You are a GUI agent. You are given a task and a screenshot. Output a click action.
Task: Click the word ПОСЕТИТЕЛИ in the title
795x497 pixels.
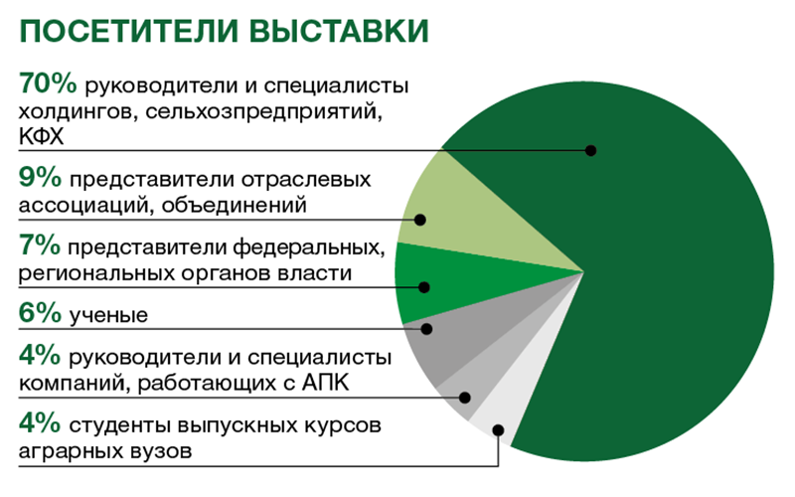point(129,31)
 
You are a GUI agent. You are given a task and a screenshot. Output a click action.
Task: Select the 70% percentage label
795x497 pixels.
point(48,83)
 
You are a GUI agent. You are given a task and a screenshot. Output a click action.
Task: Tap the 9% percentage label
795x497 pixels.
point(40,177)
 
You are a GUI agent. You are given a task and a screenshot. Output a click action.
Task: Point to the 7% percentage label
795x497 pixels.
point(40,245)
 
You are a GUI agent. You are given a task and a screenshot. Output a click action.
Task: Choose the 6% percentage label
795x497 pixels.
point(40,312)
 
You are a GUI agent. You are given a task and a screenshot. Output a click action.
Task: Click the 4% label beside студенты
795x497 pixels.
point(40,422)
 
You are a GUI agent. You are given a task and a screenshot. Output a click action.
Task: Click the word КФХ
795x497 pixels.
point(42,137)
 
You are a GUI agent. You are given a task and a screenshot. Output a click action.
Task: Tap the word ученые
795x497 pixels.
point(108,315)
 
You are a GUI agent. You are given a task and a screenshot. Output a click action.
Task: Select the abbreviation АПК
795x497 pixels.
point(326,383)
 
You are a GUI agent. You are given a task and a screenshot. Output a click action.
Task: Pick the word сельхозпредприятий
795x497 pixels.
point(263,111)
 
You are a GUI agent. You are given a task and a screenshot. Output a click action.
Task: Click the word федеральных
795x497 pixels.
point(309,248)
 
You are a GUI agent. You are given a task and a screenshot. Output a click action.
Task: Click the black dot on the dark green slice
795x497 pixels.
point(590,150)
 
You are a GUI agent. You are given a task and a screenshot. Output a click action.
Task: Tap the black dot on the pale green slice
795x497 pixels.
point(419,220)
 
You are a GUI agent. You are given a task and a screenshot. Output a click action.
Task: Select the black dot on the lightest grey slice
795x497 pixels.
point(498,430)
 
